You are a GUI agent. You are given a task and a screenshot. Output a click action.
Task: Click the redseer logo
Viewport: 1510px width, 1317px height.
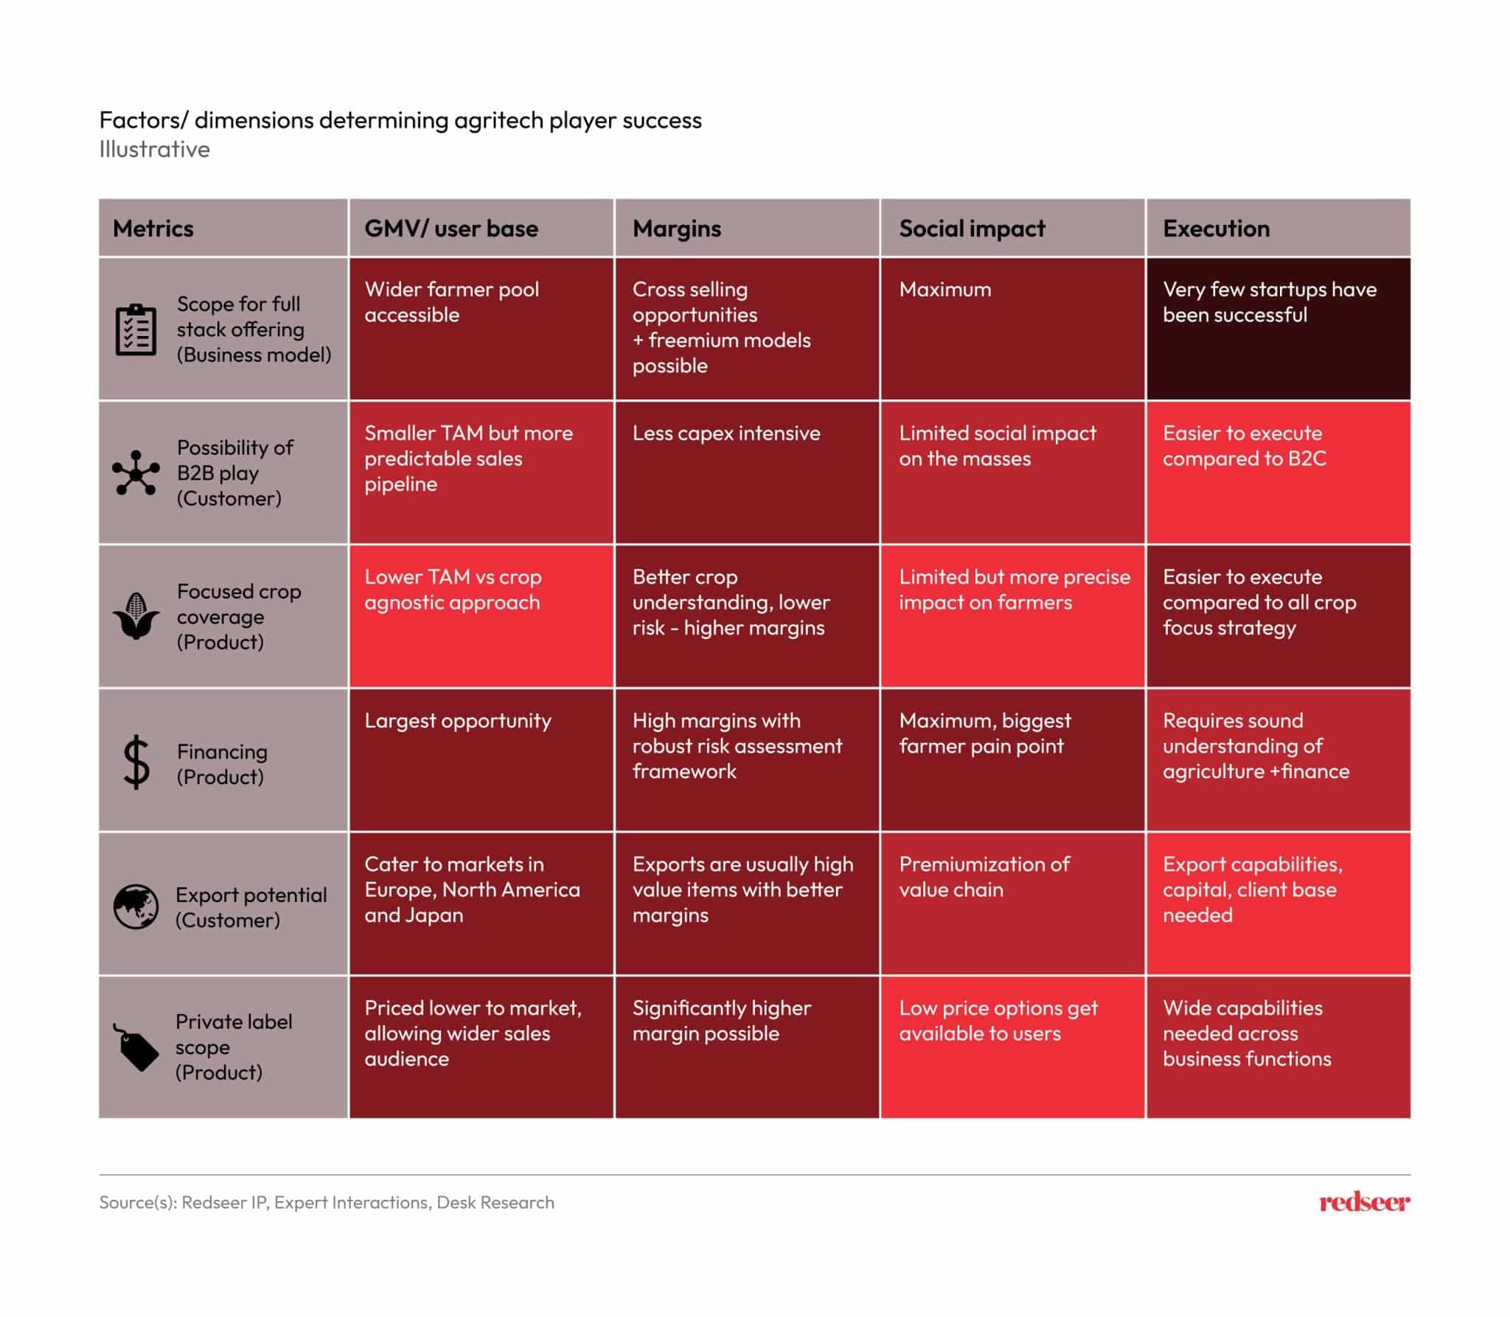coord(1364,1202)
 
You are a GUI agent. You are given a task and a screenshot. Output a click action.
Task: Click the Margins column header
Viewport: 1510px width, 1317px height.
coord(676,228)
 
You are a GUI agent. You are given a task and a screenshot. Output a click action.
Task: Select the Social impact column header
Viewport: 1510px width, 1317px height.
coord(972,228)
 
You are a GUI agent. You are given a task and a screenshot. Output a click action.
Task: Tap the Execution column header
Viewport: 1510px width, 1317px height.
coord(1216,228)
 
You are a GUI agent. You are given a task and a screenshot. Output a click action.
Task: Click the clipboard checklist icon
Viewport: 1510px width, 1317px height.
coord(136,329)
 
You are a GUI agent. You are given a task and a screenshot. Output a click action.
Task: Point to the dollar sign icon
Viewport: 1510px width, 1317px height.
coord(136,763)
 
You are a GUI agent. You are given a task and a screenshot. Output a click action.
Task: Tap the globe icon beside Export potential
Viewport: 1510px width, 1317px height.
coord(136,906)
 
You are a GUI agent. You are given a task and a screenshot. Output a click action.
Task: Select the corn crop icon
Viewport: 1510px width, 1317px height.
coord(136,616)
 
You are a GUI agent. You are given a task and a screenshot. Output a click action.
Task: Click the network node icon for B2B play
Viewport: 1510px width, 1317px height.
coord(136,472)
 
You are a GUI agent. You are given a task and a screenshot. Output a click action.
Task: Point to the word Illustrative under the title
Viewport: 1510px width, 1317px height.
coord(154,150)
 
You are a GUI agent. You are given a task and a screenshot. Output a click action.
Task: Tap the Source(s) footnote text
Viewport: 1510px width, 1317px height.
coord(327,1202)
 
